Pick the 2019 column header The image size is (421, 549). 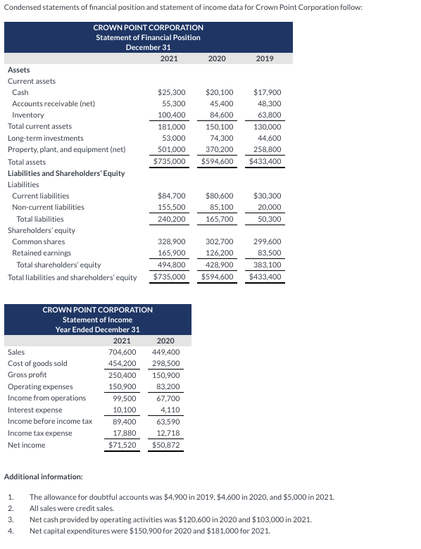point(265,58)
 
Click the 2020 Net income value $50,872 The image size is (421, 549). point(166,445)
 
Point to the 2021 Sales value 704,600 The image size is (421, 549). point(122,352)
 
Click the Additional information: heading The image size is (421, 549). point(44,477)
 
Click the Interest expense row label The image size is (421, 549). point(34,410)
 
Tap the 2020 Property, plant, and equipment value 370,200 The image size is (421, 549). point(218,149)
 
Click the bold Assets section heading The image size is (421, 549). point(18,70)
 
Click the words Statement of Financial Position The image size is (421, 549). point(148,37)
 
